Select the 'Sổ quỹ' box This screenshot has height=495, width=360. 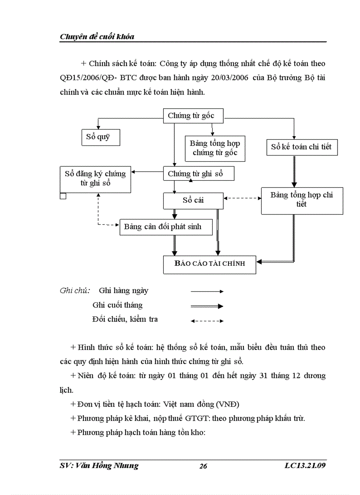tap(101, 137)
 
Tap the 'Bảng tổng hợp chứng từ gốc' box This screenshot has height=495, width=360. tap(215, 148)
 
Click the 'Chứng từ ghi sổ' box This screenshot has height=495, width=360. tap(198, 174)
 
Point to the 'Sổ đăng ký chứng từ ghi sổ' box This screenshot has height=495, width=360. tap(95, 179)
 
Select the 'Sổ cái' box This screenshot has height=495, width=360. tap(193, 201)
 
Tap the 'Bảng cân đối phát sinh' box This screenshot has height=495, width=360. tap(166, 227)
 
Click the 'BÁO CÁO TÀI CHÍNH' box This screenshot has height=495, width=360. tap(210, 264)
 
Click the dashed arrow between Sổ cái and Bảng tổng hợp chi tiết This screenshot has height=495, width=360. tap(242, 198)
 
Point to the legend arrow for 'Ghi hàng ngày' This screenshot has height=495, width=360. tap(207, 291)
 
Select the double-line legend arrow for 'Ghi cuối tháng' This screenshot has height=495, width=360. tap(207, 306)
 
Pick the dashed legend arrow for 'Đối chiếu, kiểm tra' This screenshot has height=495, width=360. tap(207, 321)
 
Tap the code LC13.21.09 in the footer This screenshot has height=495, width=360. tap(305, 466)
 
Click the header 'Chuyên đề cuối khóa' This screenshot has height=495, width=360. tap(97, 37)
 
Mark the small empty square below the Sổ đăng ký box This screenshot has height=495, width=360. tap(63, 196)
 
